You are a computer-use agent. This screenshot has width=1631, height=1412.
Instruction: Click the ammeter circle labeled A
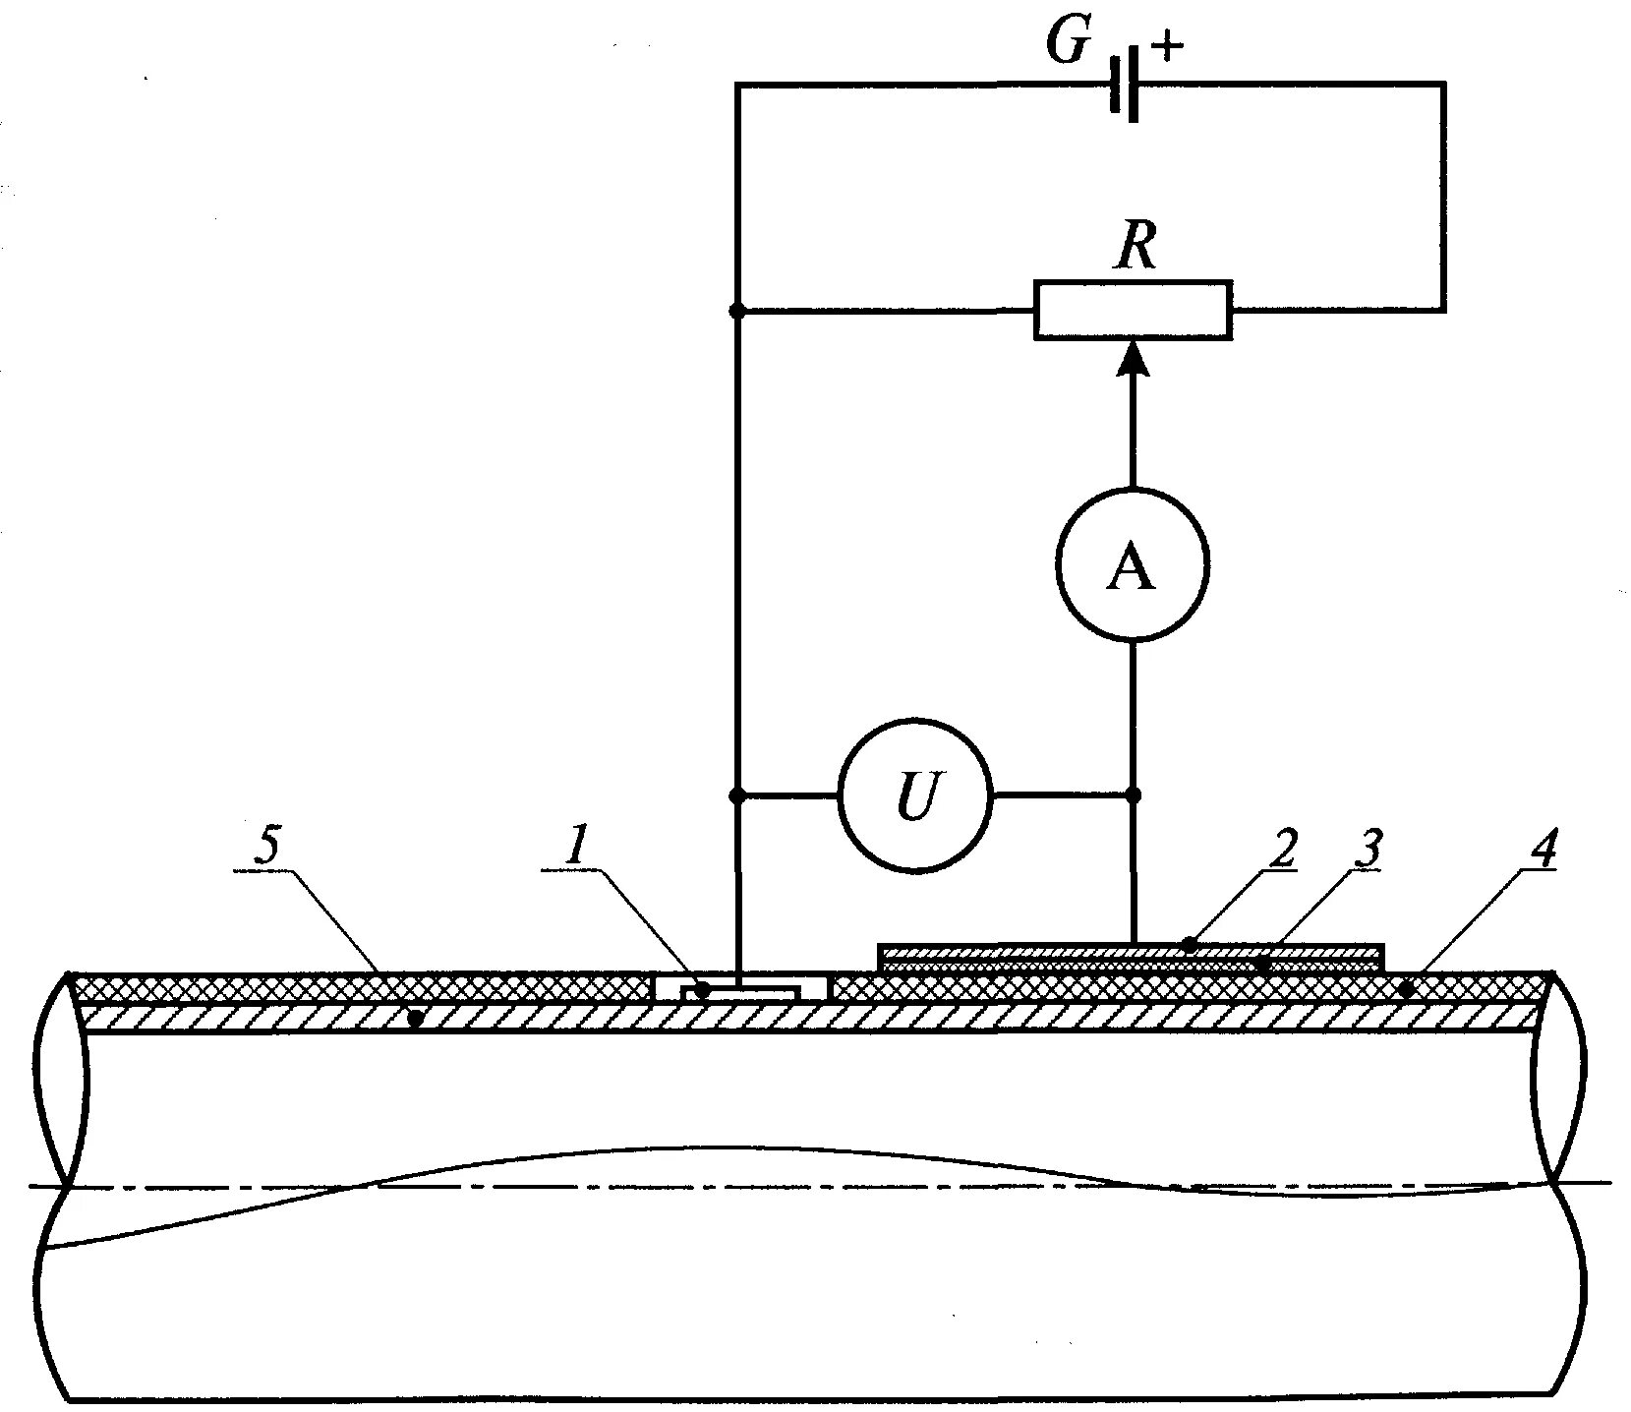(1132, 565)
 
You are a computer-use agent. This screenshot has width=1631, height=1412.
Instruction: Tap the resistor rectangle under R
(1132, 311)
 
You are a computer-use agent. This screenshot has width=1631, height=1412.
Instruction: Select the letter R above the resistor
(1135, 249)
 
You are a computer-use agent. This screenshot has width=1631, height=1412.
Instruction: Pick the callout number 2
(1282, 848)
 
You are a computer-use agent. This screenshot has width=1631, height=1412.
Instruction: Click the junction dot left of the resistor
(737, 311)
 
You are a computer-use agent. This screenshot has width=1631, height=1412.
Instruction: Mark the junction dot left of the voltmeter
(737, 794)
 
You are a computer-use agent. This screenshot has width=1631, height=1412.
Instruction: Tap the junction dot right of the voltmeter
(1133, 794)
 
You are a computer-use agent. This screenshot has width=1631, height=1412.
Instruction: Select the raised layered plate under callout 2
(1131, 957)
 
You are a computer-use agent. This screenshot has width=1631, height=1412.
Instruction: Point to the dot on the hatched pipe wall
(416, 1018)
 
